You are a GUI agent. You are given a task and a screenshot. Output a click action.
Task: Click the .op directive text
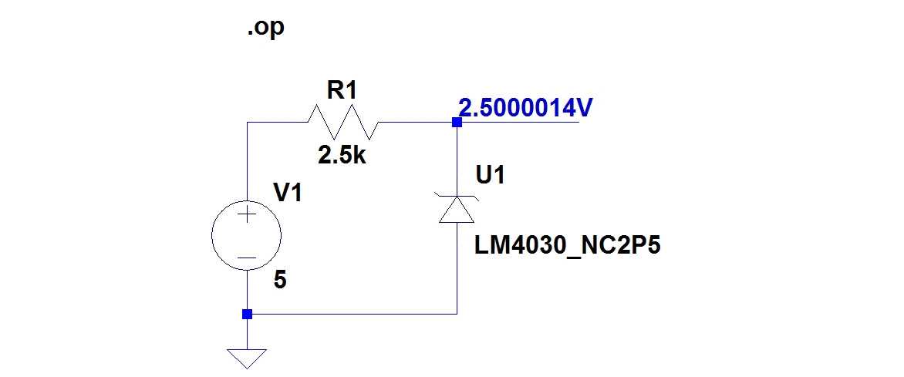click(265, 28)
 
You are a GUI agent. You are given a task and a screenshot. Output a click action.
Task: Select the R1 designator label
click(342, 90)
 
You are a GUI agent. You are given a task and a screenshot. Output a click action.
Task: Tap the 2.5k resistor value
click(342, 157)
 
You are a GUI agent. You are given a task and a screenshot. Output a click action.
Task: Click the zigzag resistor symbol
click(342, 122)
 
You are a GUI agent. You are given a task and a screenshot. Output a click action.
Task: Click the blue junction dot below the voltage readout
click(457, 122)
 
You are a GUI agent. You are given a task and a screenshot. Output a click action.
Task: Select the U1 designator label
click(491, 177)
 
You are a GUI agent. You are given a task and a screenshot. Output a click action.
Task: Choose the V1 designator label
click(288, 194)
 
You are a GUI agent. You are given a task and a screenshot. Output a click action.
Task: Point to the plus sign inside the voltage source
click(247, 217)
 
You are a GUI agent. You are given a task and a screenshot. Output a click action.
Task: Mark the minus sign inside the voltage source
click(247, 258)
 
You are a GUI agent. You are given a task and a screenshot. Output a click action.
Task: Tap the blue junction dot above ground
click(247, 314)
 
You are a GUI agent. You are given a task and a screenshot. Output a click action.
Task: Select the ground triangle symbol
click(247, 358)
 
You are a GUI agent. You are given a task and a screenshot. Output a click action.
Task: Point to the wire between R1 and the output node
click(417, 122)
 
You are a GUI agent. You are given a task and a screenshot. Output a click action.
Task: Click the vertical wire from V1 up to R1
click(247, 162)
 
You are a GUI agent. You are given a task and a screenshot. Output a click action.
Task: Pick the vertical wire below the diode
click(457, 270)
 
